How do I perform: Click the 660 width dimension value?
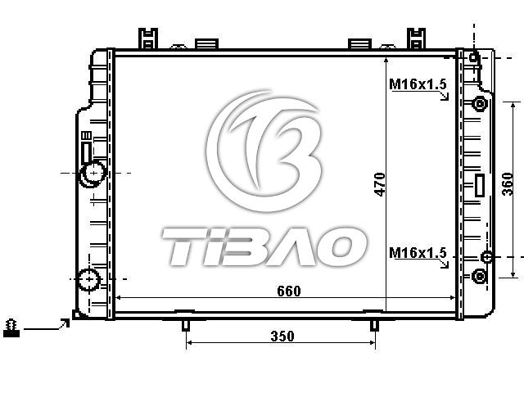click(289, 291)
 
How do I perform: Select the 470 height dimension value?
click(380, 184)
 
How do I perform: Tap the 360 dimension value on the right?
click(508, 184)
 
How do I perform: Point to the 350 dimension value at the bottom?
click(282, 337)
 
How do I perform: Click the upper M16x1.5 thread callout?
click(418, 84)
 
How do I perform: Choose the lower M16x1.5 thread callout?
click(418, 253)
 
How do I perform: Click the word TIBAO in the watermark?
click(264, 246)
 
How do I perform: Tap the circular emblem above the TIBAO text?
click(264, 151)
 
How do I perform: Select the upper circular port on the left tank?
click(93, 174)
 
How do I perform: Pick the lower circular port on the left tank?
click(89, 279)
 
